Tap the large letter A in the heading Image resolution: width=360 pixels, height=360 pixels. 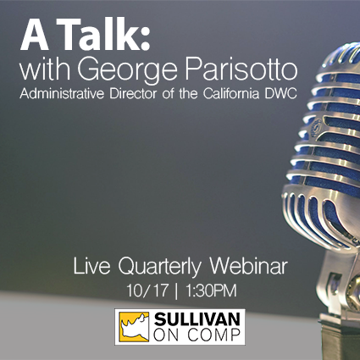pyautogui.click(x=35, y=36)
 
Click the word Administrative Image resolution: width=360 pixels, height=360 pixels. pyautogui.click(x=62, y=93)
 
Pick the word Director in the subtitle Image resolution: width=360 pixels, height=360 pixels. pyautogui.click(x=133, y=93)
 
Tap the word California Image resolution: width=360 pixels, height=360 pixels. pyautogui.click(x=231, y=93)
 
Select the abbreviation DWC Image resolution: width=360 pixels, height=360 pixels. pyautogui.click(x=280, y=94)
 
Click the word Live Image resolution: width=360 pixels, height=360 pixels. pyautogui.click(x=91, y=266)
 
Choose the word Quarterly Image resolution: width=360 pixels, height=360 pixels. pyautogui.click(x=160, y=268)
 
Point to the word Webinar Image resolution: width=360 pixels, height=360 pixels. pyautogui.click(x=248, y=266)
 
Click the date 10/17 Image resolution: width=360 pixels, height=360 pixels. pyautogui.click(x=147, y=291)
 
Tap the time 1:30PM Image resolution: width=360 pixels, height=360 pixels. pyautogui.click(x=211, y=291)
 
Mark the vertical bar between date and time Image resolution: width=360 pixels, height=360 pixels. pyautogui.click(x=176, y=291)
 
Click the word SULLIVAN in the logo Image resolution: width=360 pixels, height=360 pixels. pyautogui.click(x=197, y=319)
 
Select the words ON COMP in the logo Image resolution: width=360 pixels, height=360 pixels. pyautogui.click(x=197, y=335)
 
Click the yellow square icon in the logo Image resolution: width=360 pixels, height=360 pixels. pyautogui.click(x=134, y=327)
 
